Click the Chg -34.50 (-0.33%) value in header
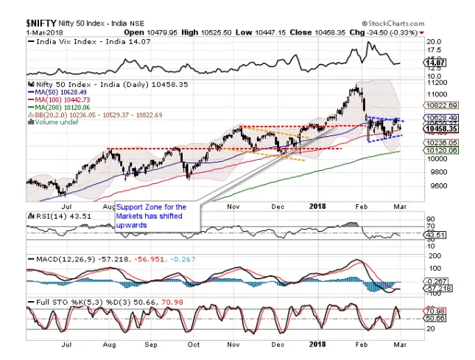tap(395, 32)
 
